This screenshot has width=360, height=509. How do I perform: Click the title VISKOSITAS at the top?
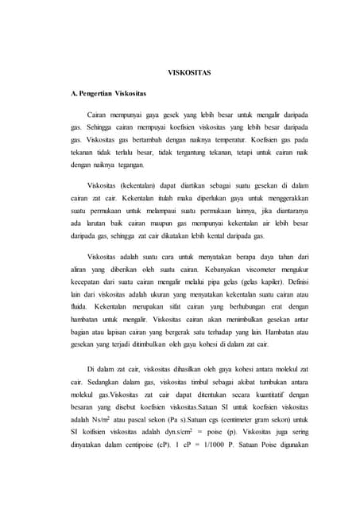pos(188,72)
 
